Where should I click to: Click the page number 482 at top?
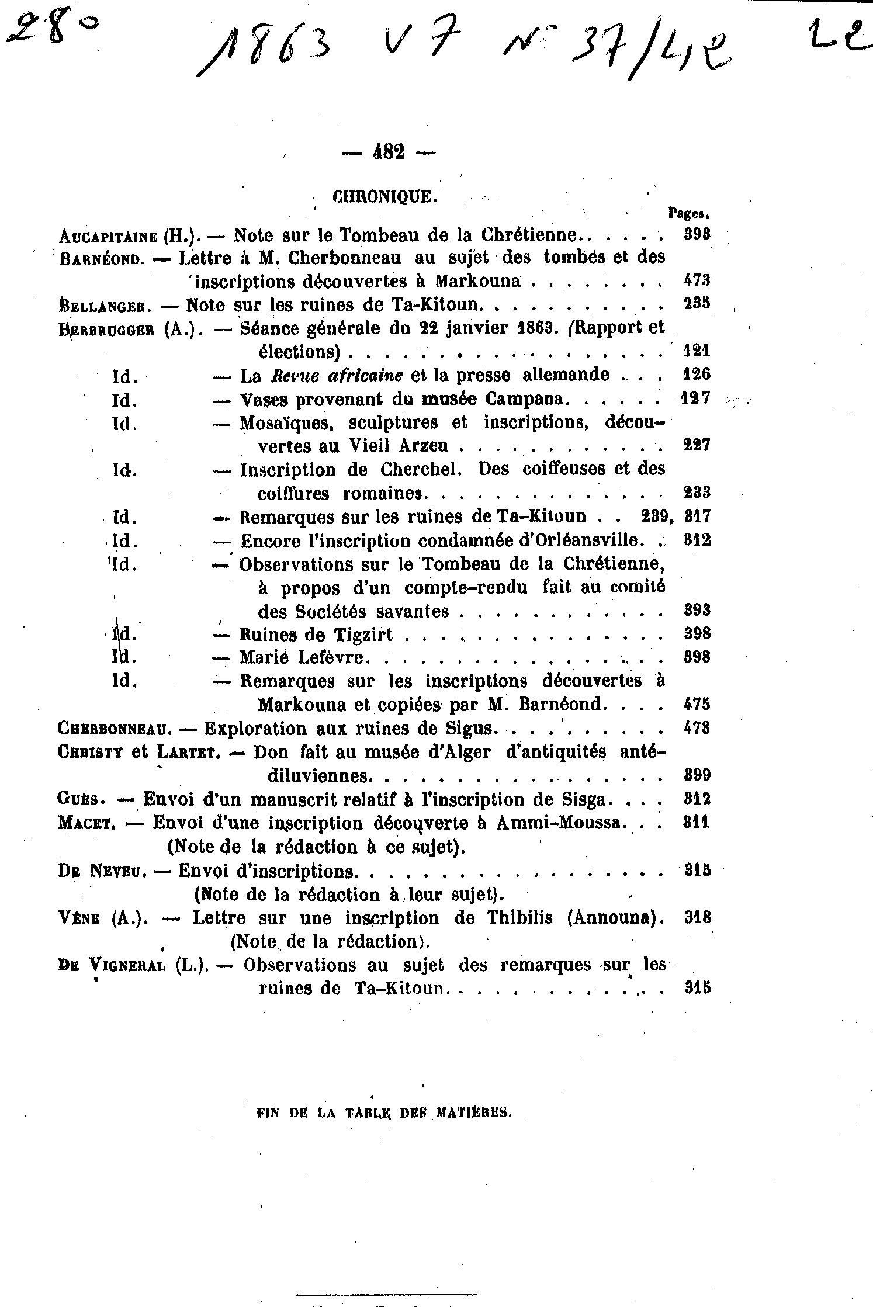point(388,152)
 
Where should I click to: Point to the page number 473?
point(697,280)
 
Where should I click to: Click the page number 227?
point(697,445)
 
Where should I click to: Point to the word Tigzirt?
point(363,635)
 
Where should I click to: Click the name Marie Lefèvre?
point(304,658)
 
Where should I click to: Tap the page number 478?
point(697,729)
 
